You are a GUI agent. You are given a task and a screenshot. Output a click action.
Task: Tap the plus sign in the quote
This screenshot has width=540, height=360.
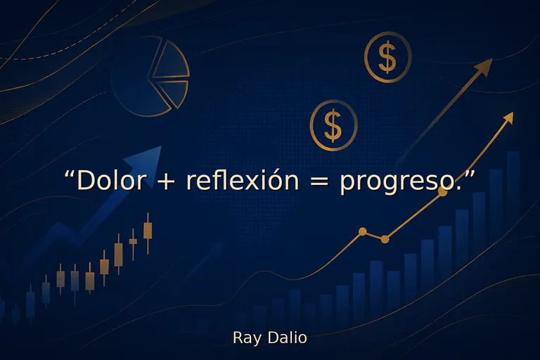tap(166, 181)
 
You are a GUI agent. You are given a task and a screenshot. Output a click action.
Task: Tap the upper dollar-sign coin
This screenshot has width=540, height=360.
tap(387, 58)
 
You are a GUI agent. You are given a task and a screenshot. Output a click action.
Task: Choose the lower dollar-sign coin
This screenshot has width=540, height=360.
tap(333, 125)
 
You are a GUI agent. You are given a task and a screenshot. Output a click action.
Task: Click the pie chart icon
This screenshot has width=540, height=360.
tap(152, 76)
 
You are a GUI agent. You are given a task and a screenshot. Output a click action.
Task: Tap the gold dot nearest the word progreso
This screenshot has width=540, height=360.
tap(442, 191)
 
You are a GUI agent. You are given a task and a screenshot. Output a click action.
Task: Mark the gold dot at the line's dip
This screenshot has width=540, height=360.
tap(385, 239)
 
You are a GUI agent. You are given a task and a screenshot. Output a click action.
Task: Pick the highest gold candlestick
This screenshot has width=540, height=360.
tap(148, 229)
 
